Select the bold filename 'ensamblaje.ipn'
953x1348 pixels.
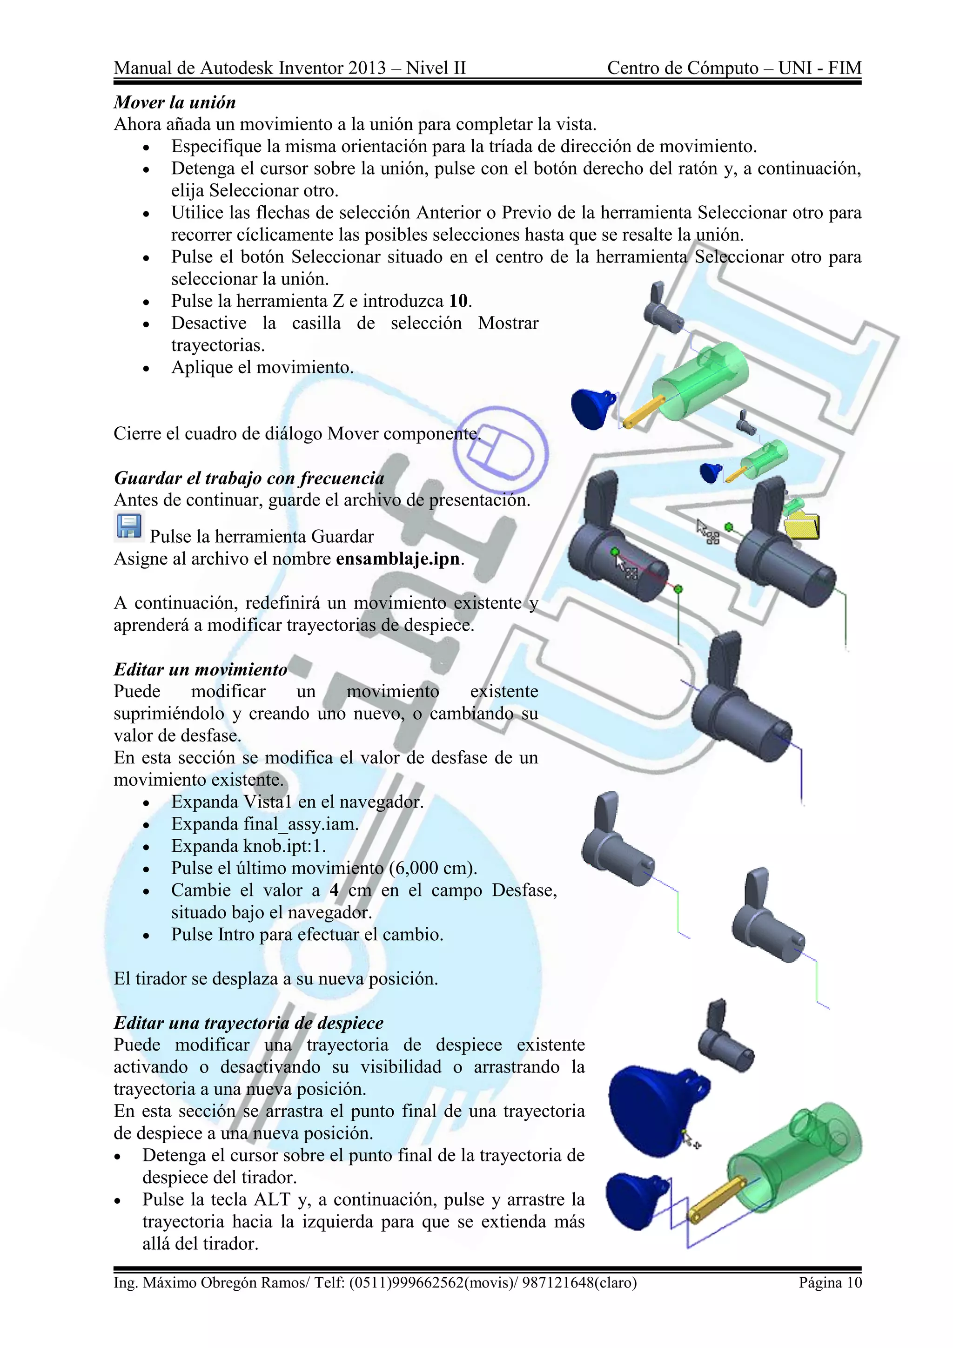(x=397, y=559)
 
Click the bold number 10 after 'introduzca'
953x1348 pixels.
(x=458, y=301)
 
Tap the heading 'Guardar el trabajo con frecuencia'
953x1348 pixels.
(x=249, y=478)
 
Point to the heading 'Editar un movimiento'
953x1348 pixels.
(x=200, y=669)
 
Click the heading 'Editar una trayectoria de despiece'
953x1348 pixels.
(x=248, y=1023)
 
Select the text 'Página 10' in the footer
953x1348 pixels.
(x=830, y=1282)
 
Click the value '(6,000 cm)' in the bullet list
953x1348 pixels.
(x=432, y=868)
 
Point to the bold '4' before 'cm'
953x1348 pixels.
(x=334, y=890)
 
